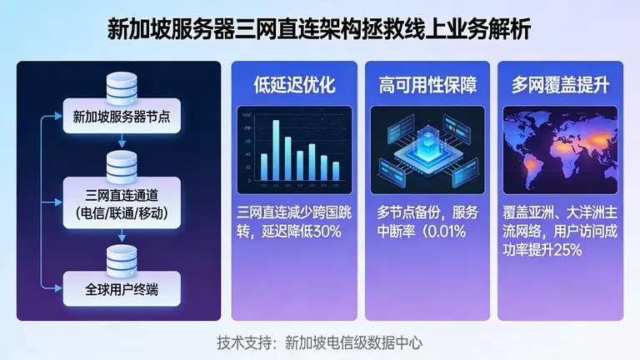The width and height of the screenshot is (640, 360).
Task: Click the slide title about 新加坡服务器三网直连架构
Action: (x=320, y=30)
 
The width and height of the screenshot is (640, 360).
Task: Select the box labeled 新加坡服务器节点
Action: (x=122, y=114)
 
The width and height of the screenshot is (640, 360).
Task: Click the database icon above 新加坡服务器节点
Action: (x=122, y=85)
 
